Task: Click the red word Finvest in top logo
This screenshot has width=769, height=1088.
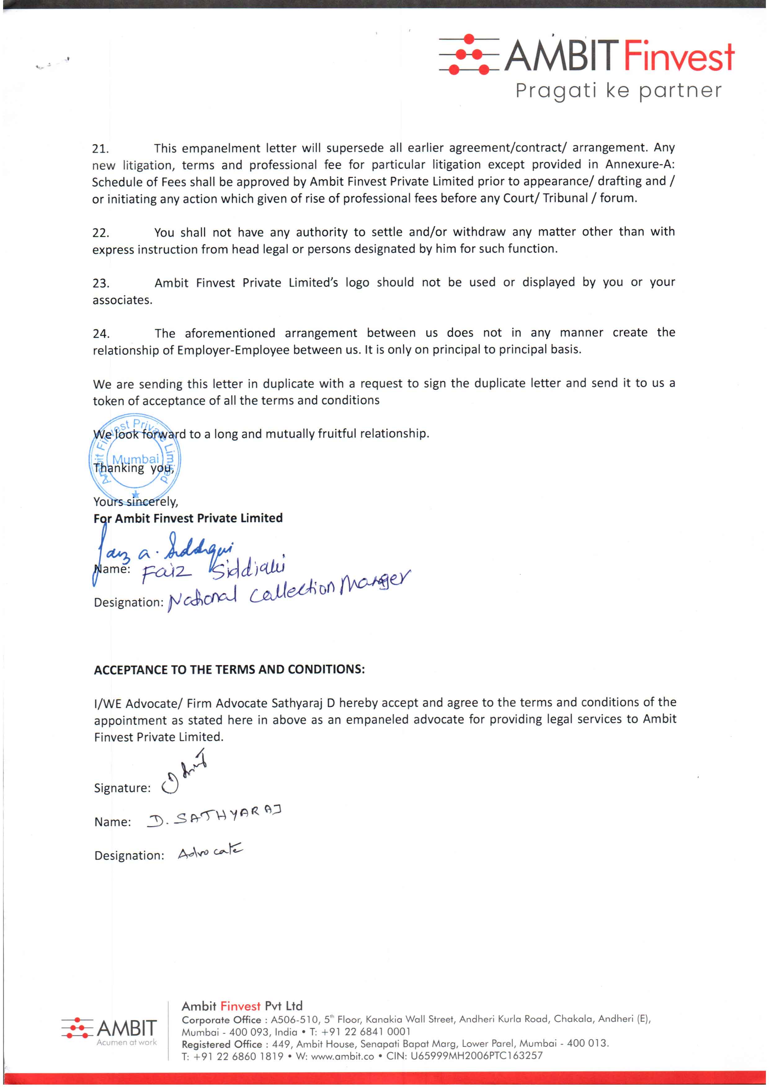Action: pyautogui.click(x=678, y=57)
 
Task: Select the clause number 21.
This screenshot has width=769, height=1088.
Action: pyautogui.click(x=100, y=149)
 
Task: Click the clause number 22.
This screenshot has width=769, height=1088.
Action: pyautogui.click(x=100, y=233)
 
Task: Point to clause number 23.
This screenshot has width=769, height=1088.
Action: pyautogui.click(x=100, y=283)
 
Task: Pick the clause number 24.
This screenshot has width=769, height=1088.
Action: pyautogui.click(x=100, y=334)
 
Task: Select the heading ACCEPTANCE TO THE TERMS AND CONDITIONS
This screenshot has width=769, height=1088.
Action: pyautogui.click(x=229, y=670)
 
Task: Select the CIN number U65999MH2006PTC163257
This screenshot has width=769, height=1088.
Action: pyautogui.click(x=476, y=1056)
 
